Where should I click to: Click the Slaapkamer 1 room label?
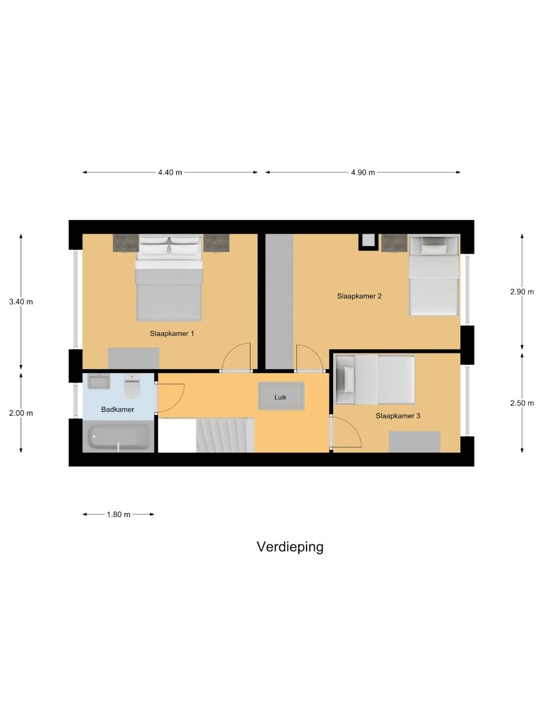tap(172, 334)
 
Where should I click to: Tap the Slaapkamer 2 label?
tap(359, 296)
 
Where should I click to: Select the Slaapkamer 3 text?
tap(398, 416)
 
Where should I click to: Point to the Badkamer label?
tap(118, 410)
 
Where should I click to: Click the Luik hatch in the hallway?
tap(281, 396)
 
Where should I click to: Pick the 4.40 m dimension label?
tap(170, 172)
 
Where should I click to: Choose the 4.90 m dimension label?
tap(362, 172)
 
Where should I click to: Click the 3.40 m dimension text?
tap(21, 302)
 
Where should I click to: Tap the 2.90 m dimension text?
tap(522, 292)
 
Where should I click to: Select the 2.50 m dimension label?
tap(522, 404)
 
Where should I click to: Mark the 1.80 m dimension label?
tap(118, 515)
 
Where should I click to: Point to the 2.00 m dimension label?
tap(21, 413)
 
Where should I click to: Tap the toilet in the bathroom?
tap(132, 386)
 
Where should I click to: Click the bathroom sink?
tap(99, 382)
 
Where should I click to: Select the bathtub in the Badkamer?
tap(118, 436)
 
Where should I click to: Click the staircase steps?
tap(225, 435)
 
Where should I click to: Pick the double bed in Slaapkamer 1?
tap(169, 277)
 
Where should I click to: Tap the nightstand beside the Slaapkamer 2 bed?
tap(394, 243)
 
